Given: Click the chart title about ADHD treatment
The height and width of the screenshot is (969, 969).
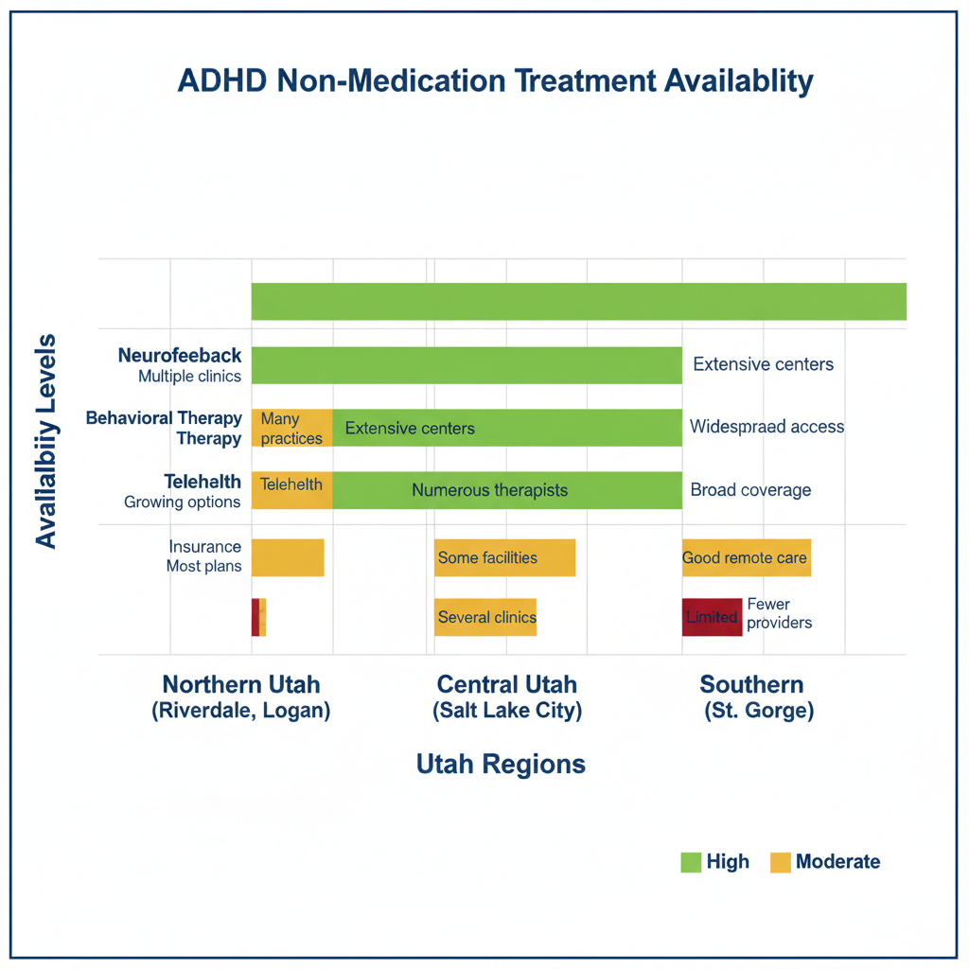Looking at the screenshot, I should tap(495, 81).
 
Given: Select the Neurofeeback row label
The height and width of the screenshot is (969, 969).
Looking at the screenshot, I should tap(180, 356).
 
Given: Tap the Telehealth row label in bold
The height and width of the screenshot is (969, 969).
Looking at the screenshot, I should tap(202, 483).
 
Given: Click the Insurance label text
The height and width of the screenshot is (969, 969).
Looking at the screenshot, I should tap(204, 547).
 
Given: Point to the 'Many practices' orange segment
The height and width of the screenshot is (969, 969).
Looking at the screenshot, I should tap(291, 428).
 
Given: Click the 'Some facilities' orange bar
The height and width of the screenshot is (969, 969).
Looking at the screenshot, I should tap(504, 557).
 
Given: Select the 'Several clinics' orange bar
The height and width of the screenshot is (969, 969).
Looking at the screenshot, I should tap(485, 617).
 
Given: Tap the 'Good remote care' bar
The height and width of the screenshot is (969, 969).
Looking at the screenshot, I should tap(746, 557).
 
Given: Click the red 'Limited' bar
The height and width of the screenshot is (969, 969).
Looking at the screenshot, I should tap(712, 617).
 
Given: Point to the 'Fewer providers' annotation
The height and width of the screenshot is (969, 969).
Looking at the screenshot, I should tap(779, 613).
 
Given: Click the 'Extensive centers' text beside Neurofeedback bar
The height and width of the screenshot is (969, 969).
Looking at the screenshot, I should tap(763, 364).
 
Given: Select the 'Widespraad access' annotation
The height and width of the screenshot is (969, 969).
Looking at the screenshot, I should tap(766, 427).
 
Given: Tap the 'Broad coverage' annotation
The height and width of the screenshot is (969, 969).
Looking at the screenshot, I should tap(750, 490).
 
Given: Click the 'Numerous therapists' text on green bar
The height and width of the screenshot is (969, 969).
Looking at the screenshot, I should tap(489, 490).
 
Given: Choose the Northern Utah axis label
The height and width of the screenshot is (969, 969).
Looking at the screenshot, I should tap(240, 697).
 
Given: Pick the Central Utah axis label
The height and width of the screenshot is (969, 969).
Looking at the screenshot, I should tap(506, 697).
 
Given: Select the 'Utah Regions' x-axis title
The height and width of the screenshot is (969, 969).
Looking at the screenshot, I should tap(501, 765).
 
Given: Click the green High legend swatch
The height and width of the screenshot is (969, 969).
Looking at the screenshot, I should tap(691, 862).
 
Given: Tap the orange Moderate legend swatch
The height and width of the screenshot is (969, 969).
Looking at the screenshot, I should tap(780, 862).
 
